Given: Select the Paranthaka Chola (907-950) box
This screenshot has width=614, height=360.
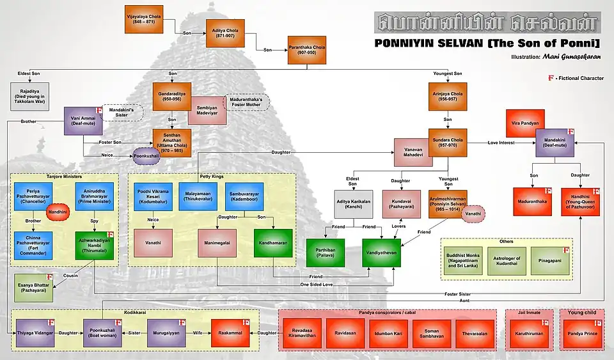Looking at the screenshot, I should click(307, 49).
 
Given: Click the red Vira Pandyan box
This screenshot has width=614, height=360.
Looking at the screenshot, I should click(525, 123).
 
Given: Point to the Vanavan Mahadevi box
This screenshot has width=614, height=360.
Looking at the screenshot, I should click(413, 153).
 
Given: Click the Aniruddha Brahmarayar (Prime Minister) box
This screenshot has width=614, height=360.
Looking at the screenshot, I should click(94, 196).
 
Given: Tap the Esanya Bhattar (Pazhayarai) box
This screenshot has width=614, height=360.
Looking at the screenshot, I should click(33, 286).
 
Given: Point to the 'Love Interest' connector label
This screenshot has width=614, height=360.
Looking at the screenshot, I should click(501, 141).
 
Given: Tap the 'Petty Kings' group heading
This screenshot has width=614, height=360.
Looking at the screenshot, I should click(212, 175).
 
